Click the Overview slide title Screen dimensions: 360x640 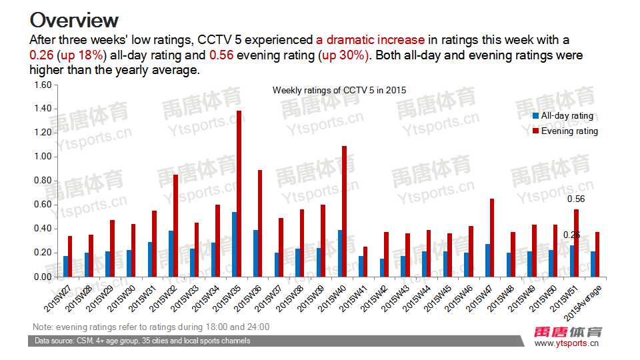[75, 19]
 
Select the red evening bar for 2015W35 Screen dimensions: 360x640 [239, 193]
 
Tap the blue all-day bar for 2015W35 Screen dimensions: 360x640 [234, 244]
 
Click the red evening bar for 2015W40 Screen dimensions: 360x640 [344, 211]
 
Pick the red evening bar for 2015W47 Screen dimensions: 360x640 [492, 237]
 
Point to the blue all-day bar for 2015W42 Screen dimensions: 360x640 [382, 267]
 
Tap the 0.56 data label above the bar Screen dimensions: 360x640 [575, 199]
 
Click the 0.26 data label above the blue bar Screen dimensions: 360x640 [571, 235]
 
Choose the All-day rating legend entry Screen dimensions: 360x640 [566, 116]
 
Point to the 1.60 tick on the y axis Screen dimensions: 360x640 [42, 85]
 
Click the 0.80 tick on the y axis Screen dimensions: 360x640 [42, 181]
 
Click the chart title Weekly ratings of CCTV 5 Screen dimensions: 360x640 [339, 90]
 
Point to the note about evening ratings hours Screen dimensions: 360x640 [151, 327]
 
